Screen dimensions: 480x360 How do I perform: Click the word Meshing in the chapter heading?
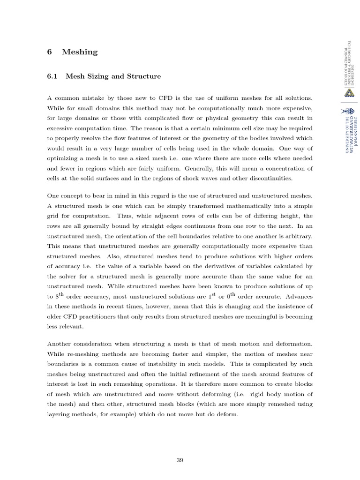coord(80,52)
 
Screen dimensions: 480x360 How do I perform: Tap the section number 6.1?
coord(52,76)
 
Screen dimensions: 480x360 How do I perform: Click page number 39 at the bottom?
coord(180,460)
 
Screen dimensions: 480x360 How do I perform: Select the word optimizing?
coord(64,158)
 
